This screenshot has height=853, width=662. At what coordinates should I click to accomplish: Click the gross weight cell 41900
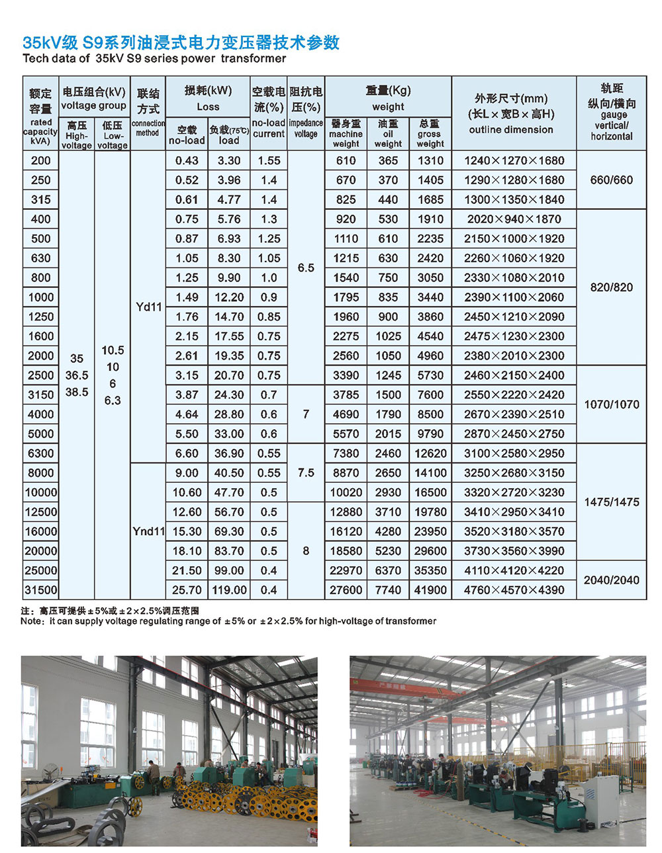(430, 590)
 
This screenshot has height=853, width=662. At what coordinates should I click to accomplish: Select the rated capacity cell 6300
(40, 454)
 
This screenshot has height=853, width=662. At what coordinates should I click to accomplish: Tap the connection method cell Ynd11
(148, 531)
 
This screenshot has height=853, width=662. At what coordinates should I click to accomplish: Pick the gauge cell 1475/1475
(611, 502)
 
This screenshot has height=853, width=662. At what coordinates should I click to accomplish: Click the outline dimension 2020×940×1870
(514, 219)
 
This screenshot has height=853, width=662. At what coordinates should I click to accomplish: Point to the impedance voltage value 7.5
(306, 473)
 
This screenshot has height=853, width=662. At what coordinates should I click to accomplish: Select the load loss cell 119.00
(229, 590)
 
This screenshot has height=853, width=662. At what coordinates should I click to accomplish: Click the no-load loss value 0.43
(187, 161)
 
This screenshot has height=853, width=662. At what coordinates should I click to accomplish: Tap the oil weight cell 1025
(388, 336)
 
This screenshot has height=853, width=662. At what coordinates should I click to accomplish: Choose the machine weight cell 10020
(346, 493)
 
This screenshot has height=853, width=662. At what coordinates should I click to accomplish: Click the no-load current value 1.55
(269, 161)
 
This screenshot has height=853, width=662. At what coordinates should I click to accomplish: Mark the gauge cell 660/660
(611, 180)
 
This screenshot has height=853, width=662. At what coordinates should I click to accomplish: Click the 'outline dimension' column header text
(510, 130)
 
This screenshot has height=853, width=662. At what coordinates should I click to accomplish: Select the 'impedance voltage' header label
(306, 128)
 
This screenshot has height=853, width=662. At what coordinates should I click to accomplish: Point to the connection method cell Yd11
(148, 307)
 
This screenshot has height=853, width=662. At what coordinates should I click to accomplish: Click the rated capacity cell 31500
(40, 590)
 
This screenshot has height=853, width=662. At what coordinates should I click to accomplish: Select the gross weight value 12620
(430, 454)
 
